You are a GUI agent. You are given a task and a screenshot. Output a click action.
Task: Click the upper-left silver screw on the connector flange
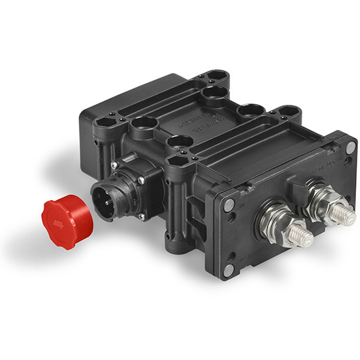pos(115,165)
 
